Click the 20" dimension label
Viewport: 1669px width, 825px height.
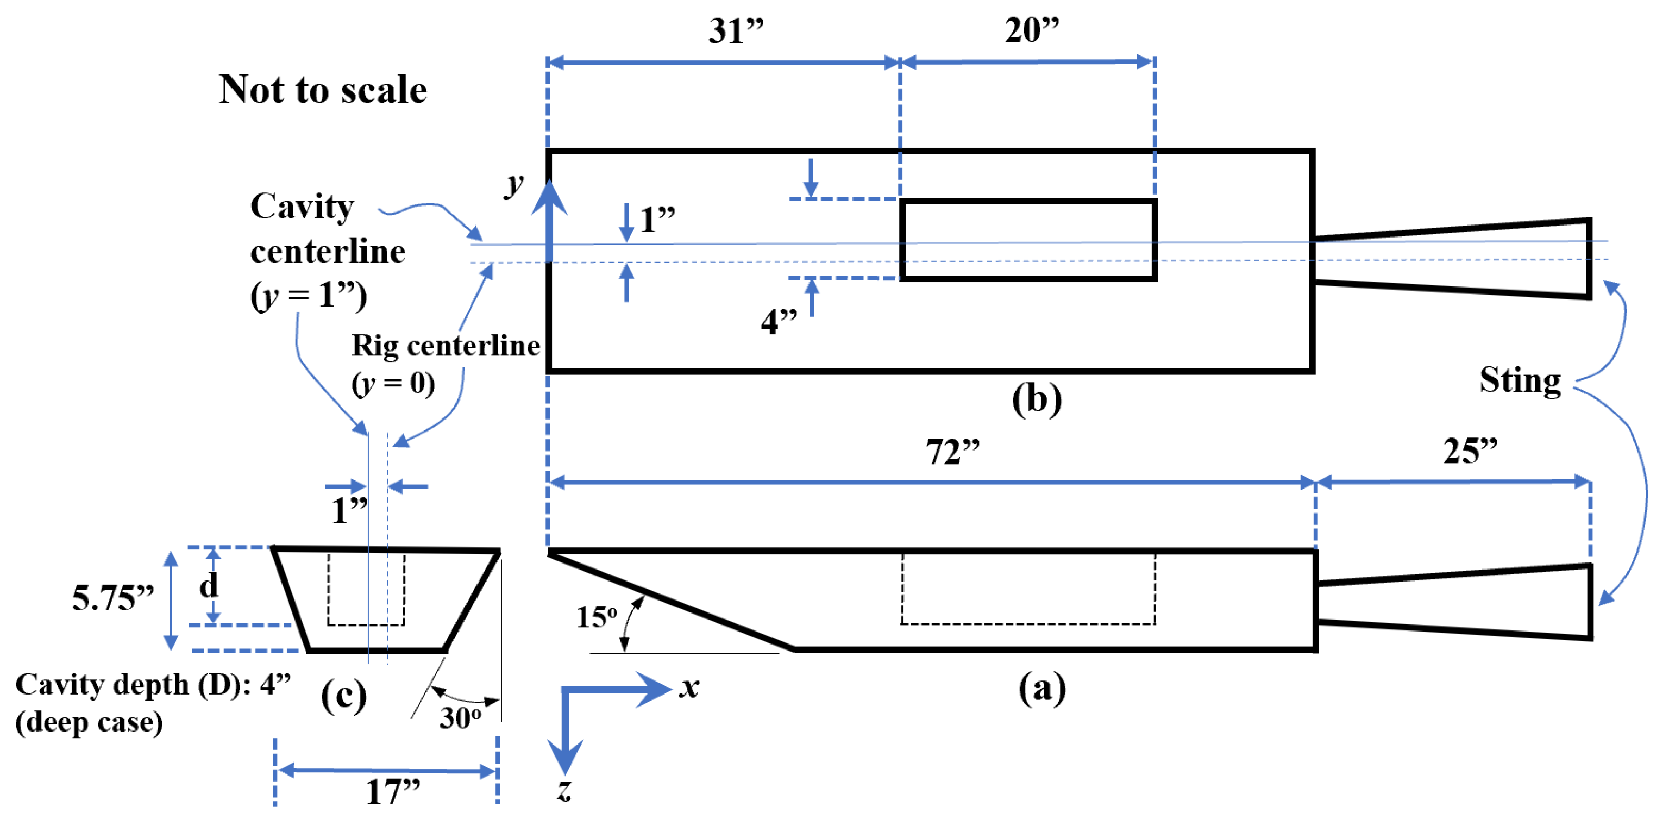click(1032, 30)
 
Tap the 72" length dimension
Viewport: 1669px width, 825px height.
click(952, 451)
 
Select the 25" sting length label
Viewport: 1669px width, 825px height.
click(1470, 450)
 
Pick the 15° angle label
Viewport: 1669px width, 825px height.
click(596, 616)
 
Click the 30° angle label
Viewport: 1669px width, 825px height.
click(460, 717)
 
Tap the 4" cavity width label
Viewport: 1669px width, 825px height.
click(778, 320)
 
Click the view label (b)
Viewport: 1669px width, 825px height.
click(1037, 398)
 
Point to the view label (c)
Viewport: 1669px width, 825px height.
click(343, 696)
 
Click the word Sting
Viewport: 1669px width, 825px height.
click(1520, 380)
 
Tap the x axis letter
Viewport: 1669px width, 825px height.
click(689, 687)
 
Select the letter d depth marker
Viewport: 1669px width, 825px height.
click(209, 586)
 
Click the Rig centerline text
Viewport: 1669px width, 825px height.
click(445, 346)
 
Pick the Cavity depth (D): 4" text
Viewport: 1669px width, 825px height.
click(153, 684)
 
